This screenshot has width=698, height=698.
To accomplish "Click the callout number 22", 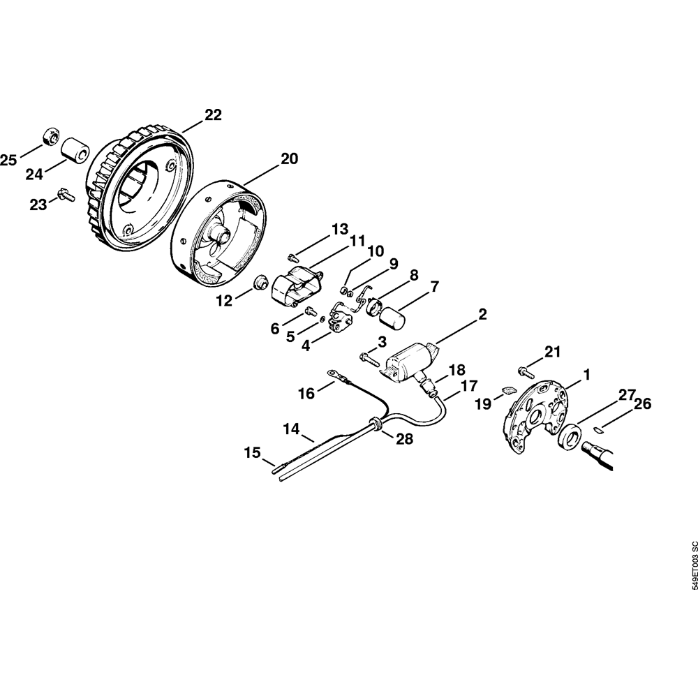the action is click(213, 115).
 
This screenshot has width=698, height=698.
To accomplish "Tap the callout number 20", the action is click(290, 158).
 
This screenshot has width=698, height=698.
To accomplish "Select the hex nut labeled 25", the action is click(51, 136).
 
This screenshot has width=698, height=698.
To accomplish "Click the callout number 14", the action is click(292, 429).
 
